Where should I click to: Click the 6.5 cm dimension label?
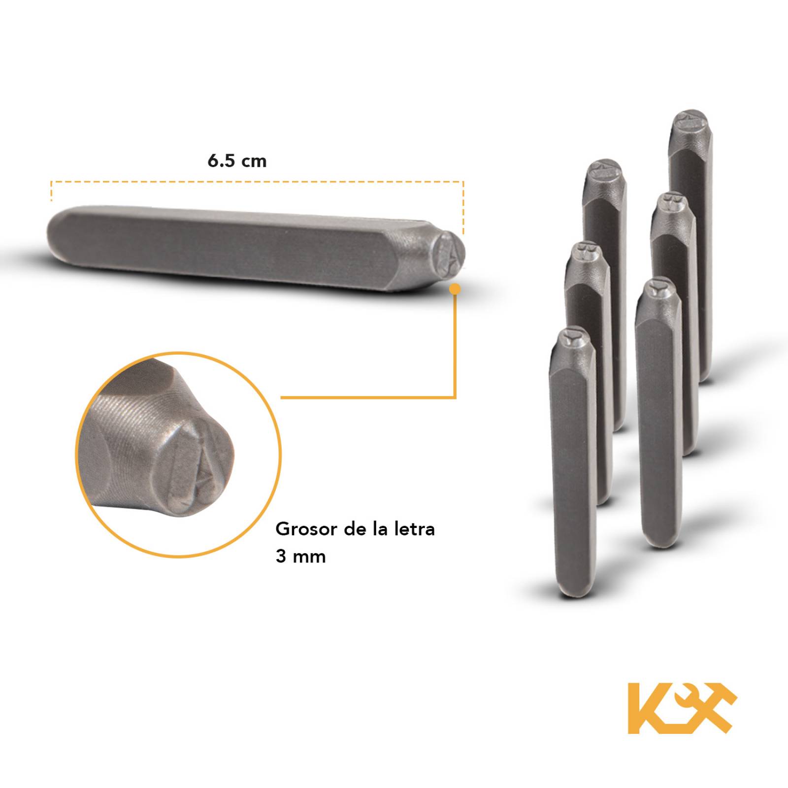pyautogui.click(x=237, y=161)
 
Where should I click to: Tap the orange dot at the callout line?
pyautogui.click(x=456, y=289)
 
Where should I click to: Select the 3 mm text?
pyautogui.click(x=300, y=556)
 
